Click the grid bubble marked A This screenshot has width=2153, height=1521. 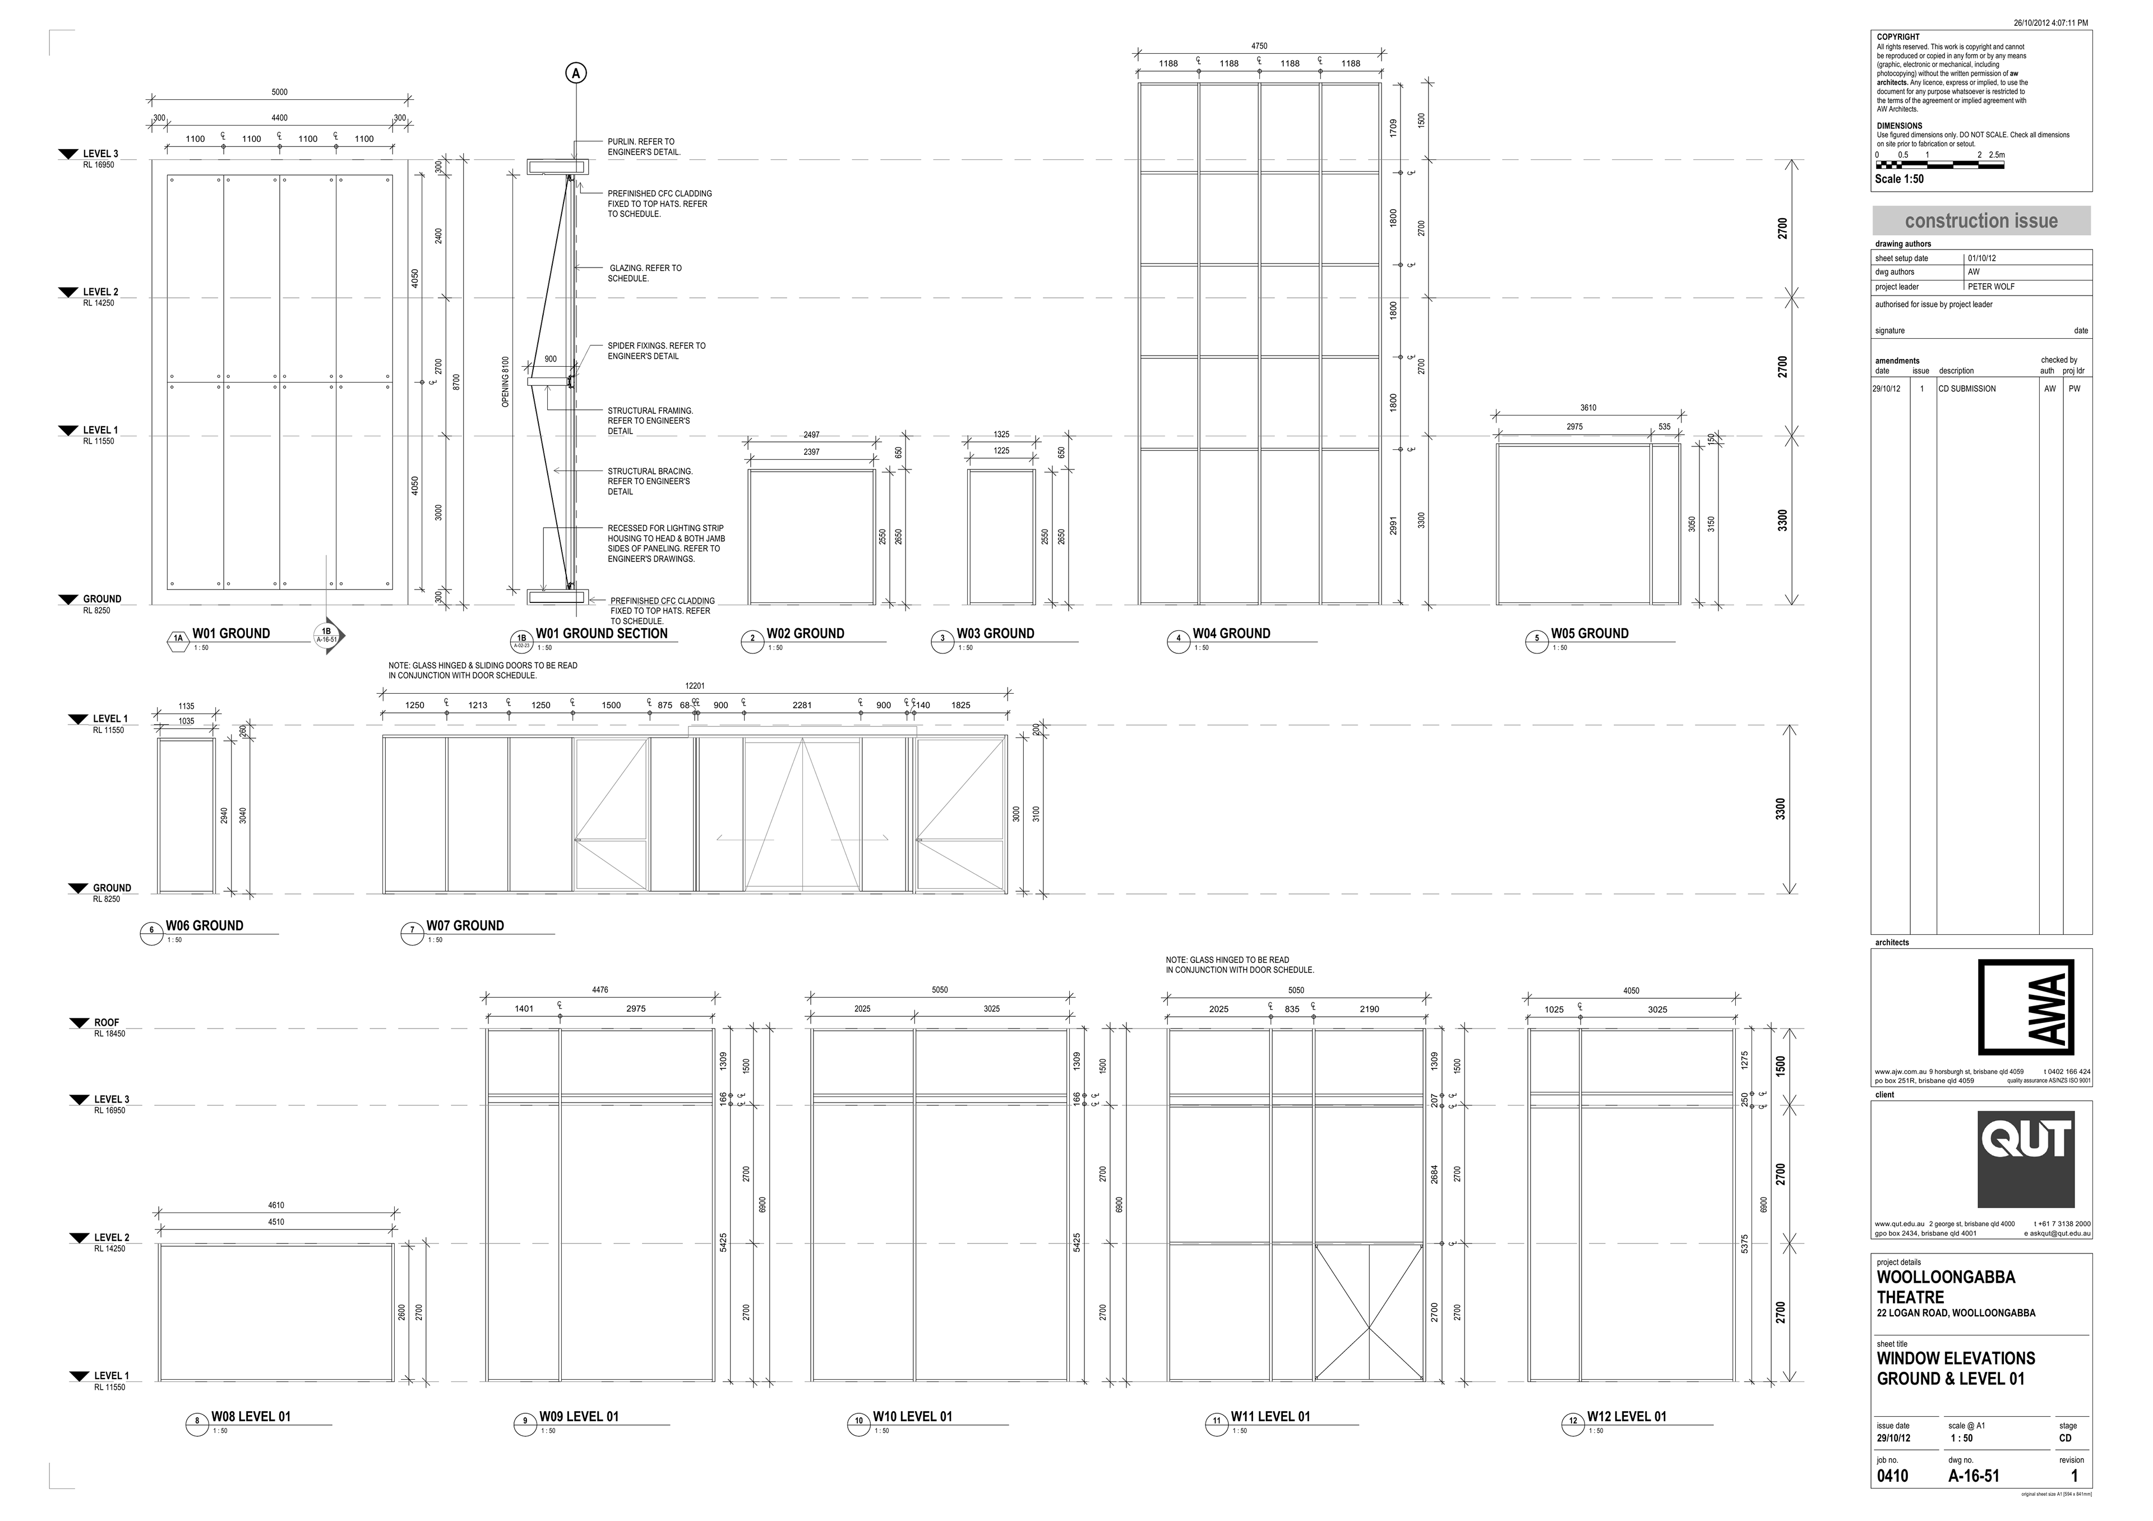pyautogui.click(x=576, y=73)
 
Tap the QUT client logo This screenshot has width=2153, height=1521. pyautogui.click(x=2025, y=1159)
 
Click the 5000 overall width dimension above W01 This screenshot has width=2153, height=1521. pyautogui.click(x=279, y=92)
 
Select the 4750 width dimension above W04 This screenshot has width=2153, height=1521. pyautogui.click(x=1259, y=46)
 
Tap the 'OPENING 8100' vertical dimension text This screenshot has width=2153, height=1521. pyautogui.click(x=505, y=382)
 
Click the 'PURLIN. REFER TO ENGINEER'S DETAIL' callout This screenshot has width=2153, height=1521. pyautogui.click(x=643, y=146)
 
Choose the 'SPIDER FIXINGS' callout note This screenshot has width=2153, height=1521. pyautogui.click(x=657, y=351)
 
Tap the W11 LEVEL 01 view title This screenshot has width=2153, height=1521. pyautogui.click(x=1270, y=1417)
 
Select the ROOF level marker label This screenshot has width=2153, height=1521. pyautogui.click(x=106, y=1023)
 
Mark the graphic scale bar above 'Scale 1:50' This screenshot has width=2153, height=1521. pyautogui.click(x=1939, y=165)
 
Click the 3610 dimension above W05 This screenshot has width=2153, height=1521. pyautogui.click(x=1587, y=408)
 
